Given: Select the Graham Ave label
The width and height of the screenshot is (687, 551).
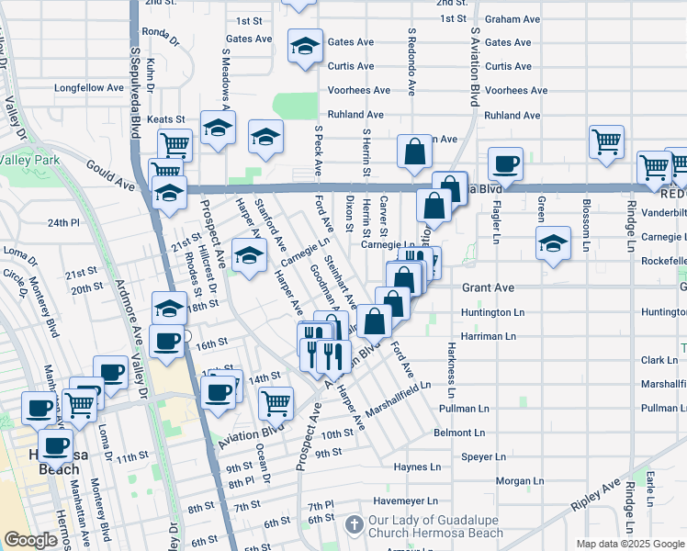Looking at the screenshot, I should (x=512, y=18).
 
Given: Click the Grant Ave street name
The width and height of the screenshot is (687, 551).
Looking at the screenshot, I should (x=488, y=287).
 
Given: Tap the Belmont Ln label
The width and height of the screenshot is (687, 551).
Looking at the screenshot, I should (x=465, y=432).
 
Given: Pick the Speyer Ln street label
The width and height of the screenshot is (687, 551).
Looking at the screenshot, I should (x=483, y=455).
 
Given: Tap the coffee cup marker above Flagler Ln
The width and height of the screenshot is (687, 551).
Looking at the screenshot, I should (x=505, y=164).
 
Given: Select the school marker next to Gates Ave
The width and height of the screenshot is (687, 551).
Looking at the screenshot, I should (x=306, y=46).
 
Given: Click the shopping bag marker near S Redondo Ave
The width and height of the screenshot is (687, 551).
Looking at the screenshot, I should (x=414, y=152).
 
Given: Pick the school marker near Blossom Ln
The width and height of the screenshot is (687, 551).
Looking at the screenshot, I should (x=551, y=243).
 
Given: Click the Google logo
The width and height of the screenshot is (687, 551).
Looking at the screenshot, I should (x=30, y=540).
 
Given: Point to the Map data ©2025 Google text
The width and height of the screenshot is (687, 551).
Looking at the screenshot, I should (x=629, y=543).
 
